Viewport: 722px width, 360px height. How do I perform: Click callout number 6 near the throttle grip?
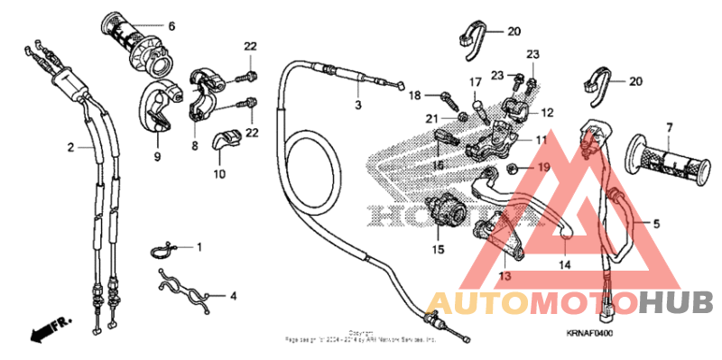click(x=171, y=25)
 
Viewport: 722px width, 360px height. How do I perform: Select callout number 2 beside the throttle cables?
click(x=69, y=146)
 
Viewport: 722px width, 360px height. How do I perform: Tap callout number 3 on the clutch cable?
click(x=357, y=106)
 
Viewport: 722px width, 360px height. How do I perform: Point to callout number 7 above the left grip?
click(x=671, y=128)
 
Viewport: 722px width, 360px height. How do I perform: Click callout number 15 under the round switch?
click(x=438, y=249)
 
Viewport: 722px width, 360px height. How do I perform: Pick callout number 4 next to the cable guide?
click(x=233, y=295)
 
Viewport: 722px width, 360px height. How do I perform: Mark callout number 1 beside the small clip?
click(x=199, y=246)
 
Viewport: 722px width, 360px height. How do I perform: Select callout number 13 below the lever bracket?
click(x=504, y=276)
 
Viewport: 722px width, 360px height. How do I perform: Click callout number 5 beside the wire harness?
click(x=657, y=222)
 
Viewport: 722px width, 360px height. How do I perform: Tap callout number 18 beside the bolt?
click(x=415, y=95)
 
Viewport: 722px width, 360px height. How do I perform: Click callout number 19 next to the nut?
click(x=543, y=168)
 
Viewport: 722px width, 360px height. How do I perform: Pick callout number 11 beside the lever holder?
click(x=541, y=140)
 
